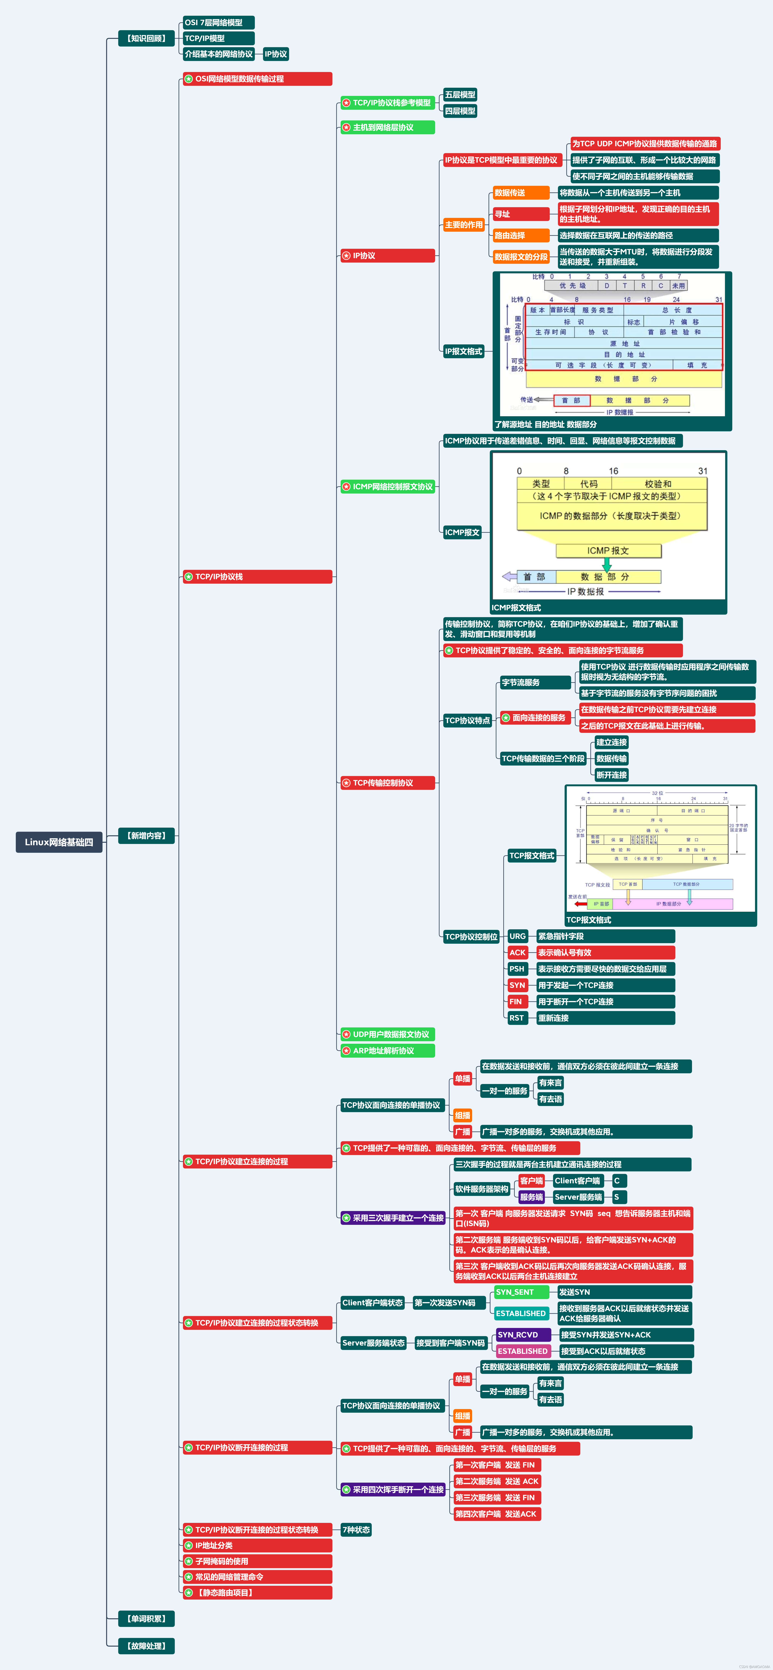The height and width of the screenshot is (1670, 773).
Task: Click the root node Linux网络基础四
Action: (x=59, y=842)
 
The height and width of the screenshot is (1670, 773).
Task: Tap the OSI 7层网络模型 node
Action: (x=218, y=23)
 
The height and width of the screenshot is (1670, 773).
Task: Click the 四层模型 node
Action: (x=460, y=111)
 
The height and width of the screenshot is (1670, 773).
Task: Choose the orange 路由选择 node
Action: (x=520, y=235)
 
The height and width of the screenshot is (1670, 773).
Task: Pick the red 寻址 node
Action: (x=520, y=214)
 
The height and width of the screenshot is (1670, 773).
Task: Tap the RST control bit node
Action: (x=516, y=1018)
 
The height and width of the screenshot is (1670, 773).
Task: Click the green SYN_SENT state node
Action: (x=521, y=1292)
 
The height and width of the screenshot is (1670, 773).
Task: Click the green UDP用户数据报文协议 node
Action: (x=387, y=1034)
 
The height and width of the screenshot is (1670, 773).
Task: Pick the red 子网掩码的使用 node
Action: (x=257, y=1561)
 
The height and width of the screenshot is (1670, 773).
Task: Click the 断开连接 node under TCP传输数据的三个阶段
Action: (x=611, y=775)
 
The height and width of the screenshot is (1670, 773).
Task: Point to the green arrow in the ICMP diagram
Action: (x=607, y=565)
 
